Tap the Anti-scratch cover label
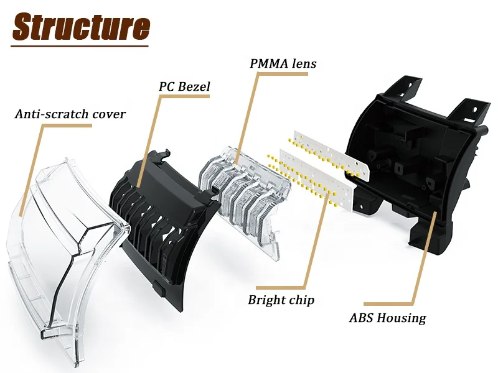tap(70, 114)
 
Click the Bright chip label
tap(281, 300)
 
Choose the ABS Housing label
tap(387, 318)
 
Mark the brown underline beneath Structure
tap(81, 45)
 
